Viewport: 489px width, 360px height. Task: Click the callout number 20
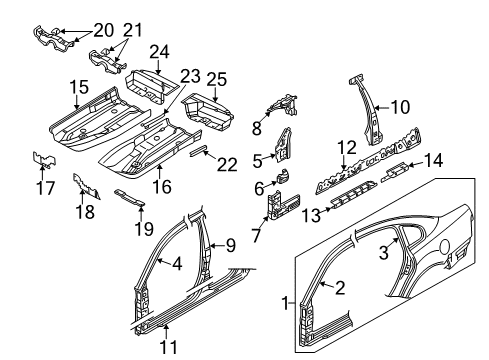tap(104, 31)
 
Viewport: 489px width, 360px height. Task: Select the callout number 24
tap(159, 52)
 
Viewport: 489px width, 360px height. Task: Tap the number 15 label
tap(79, 87)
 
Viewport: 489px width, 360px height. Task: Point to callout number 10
tap(400, 107)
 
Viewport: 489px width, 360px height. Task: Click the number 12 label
tap(347, 148)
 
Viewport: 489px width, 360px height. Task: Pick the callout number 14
tap(433, 161)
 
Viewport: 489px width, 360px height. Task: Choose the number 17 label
tap(45, 188)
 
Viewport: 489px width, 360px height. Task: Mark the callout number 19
tap(144, 229)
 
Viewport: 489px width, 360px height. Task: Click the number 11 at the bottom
tap(168, 347)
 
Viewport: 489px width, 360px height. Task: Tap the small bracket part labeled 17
tap(44, 159)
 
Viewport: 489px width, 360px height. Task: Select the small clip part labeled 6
tap(283, 176)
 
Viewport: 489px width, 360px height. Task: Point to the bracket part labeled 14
tap(394, 171)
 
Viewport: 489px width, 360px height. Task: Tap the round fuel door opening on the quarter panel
tap(444, 247)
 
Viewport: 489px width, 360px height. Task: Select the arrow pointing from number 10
tap(382, 107)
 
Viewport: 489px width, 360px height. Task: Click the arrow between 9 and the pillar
tap(217, 246)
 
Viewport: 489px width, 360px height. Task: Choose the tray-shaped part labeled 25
tap(207, 112)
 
